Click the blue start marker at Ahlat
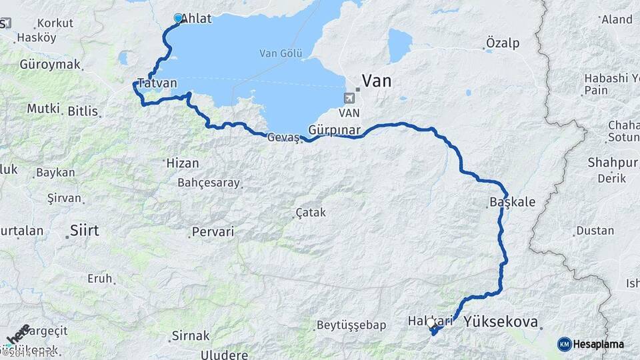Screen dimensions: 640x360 click(x=178, y=19)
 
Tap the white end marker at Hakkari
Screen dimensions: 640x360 click(x=431, y=323)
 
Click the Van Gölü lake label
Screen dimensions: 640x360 click(x=281, y=53)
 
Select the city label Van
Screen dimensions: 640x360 click(x=376, y=81)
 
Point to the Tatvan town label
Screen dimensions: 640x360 click(x=157, y=83)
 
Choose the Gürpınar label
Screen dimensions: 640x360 click(x=334, y=129)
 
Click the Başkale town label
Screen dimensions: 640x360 click(x=512, y=201)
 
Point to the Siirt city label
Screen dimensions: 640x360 click(x=84, y=231)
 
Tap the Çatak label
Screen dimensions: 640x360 click(x=311, y=213)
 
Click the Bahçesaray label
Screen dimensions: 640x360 click(x=207, y=182)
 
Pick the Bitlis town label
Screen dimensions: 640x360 click(x=83, y=111)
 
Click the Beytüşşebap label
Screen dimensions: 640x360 click(x=351, y=325)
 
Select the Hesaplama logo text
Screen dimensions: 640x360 click(x=598, y=344)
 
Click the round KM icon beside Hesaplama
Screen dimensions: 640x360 click(x=564, y=344)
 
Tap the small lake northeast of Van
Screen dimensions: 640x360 click(x=400, y=45)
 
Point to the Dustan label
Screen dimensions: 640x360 click(x=594, y=231)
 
